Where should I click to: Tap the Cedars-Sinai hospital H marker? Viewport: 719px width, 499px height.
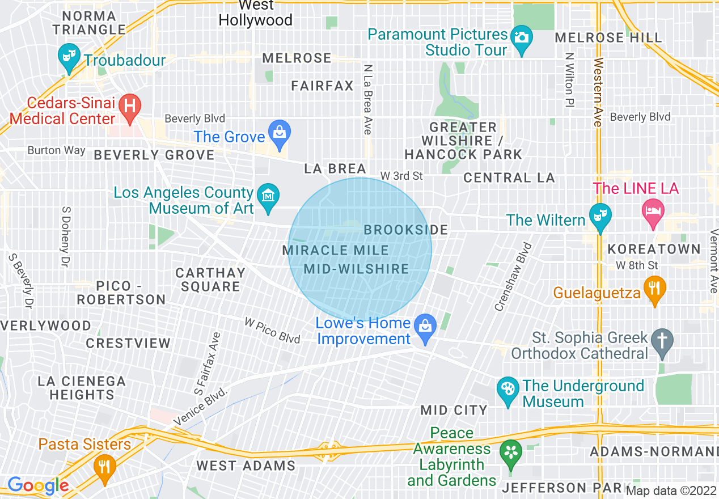[x=130, y=107]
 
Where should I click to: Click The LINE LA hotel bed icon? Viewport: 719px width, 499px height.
[x=653, y=212]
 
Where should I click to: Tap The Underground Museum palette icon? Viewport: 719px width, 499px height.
[x=508, y=390]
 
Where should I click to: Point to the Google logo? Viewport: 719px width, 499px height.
[x=38, y=485]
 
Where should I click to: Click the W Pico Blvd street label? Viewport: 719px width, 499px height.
[x=272, y=330]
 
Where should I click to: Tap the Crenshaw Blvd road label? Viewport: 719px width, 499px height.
[x=513, y=277]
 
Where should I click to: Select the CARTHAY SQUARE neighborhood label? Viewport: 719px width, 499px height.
[x=210, y=280]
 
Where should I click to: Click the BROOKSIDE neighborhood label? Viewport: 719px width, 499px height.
[x=405, y=230]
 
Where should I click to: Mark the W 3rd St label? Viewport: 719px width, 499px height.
[x=401, y=176]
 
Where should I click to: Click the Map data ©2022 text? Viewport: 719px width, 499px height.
[x=671, y=490]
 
